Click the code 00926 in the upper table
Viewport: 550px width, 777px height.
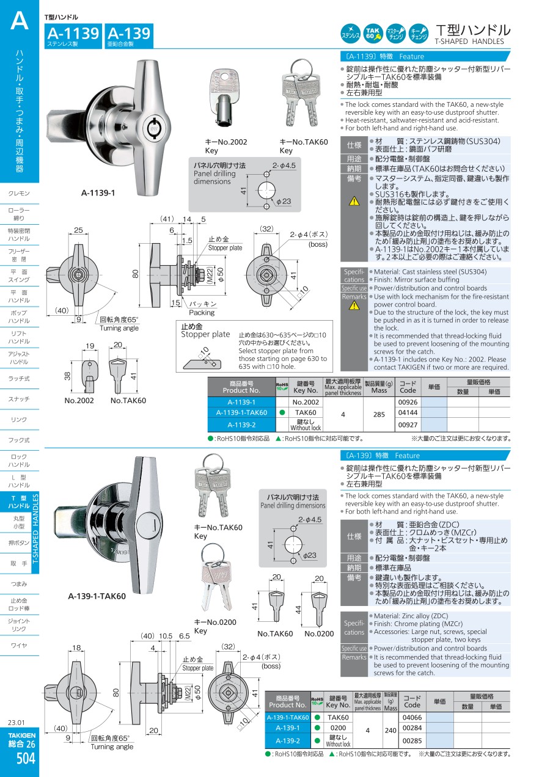click(408, 402)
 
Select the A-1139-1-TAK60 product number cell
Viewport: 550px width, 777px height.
click(241, 412)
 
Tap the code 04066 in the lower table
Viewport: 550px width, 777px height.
click(412, 717)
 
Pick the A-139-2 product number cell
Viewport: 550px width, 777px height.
click(288, 740)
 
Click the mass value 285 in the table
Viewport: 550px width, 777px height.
click(379, 414)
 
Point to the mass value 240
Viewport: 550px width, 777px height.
click(391, 730)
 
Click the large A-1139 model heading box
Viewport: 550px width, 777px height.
click(73, 36)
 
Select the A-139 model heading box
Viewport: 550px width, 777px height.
click(129, 36)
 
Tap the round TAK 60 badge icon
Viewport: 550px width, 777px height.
click(373, 34)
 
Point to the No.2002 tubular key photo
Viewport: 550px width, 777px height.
click(224, 98)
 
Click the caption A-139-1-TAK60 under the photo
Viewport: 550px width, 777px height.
click(97, 596)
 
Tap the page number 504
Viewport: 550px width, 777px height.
click(26, 758)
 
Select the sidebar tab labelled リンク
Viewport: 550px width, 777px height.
click(19, 420)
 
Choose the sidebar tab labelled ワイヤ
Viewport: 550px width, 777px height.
click(19, 645)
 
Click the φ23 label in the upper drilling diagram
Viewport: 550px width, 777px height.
click(284, 202)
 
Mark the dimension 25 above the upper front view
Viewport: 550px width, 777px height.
click(78, 230)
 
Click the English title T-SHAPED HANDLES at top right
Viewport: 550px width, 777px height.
click(469, 42)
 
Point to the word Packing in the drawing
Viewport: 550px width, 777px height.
click(202, 313)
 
